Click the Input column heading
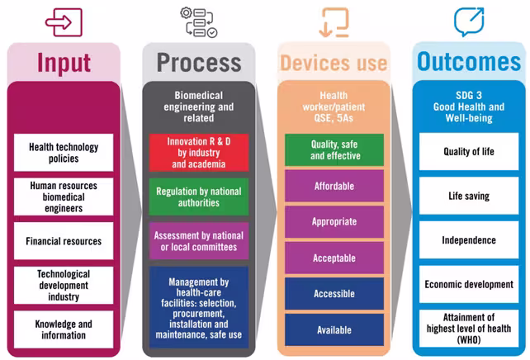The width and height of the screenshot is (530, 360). point(64,63)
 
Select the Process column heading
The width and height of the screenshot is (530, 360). point(199,63)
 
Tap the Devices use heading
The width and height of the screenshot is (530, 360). point(333,63)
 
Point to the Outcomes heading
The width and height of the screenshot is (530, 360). point(468,63)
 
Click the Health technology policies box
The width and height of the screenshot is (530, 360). point(64,153)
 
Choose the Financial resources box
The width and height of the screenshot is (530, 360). point(64,241)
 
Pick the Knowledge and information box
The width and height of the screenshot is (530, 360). point(64,329)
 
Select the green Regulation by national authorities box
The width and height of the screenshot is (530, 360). point(199,197)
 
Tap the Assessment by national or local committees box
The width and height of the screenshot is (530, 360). point(199,241)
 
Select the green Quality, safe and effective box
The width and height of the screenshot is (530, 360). point(334,149)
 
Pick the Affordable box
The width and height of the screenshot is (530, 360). point(334,186)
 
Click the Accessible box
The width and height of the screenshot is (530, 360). point(334,294)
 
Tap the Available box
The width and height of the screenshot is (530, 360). point(334,329)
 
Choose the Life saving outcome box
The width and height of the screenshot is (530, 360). point(468,197)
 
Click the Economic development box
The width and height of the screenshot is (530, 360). point(468,285)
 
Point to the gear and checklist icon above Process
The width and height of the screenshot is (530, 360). point(201,22)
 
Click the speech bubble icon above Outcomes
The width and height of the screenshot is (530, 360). point(468,21)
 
